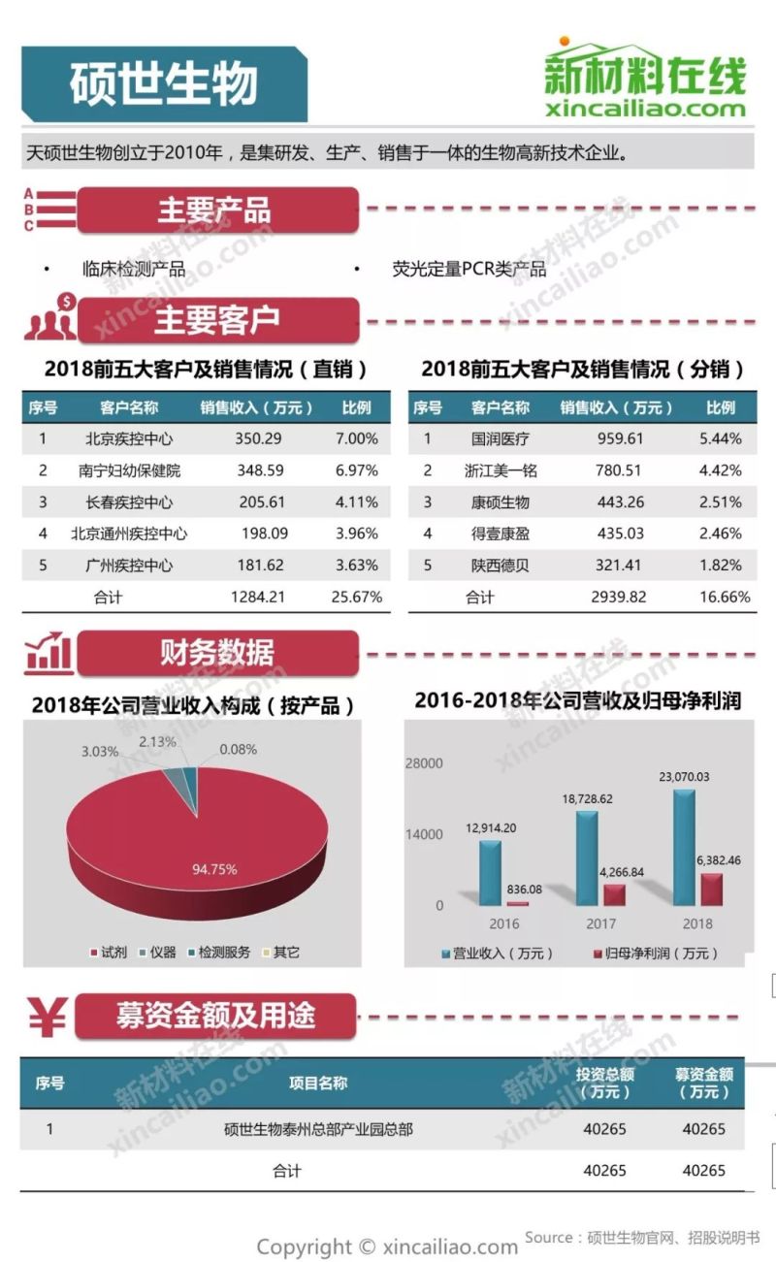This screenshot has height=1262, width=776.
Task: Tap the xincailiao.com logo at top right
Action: tap(645, 81)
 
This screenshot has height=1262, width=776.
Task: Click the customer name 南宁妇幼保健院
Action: tap(129, 470)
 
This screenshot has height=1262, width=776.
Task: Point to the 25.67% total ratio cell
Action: tap(356, 597)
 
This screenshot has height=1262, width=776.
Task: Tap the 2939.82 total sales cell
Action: tap(618, 597)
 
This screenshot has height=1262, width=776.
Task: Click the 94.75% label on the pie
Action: tap(214, 869)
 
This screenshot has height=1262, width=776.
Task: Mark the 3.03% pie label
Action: tap(100, 751)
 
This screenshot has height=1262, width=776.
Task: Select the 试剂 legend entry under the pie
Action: tap(108, 952)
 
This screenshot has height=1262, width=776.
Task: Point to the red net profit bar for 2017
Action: tap(614, 894)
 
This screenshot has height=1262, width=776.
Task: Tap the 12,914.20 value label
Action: tap(491, 827)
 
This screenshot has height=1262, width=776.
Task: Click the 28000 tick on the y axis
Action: tap(424, 763)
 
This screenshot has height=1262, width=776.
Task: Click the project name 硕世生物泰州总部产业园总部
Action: tap(318, 1129)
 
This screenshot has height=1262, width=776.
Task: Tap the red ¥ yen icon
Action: tap(47, 1018)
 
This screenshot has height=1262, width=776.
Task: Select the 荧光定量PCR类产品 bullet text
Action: tap(469, 269)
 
